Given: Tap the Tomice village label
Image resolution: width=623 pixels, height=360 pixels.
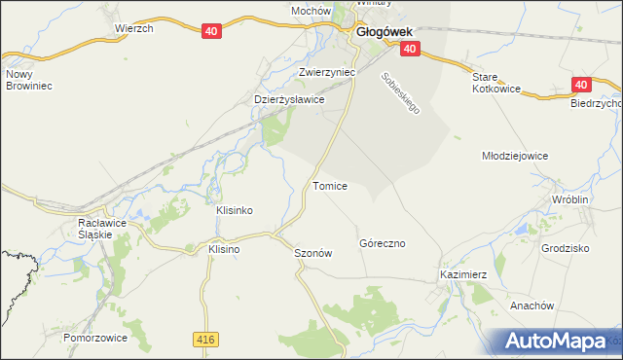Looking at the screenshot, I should [x=330, y=185].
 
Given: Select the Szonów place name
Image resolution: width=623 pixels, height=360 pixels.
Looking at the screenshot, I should [x=313, y=252].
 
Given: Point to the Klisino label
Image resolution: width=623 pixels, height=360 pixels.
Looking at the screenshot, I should [x=224, y=249].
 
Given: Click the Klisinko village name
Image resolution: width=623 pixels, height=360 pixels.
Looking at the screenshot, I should [x=235, y=210].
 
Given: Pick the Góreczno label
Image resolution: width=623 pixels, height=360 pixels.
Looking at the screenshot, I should [x=382, y=242].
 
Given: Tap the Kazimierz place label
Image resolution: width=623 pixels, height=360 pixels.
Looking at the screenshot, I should [x=462, y=275].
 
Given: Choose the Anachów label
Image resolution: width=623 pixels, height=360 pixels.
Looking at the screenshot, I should [x=531, y=305].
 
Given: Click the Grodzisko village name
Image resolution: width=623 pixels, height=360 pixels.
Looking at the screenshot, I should [x=566, y=248].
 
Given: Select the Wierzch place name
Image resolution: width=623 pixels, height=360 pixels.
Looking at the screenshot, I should [x=134, y=29].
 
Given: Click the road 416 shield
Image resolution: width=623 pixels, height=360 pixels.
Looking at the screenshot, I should [x=204, y=338].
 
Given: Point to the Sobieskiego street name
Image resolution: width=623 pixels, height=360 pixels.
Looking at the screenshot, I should [x=400, y=93].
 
